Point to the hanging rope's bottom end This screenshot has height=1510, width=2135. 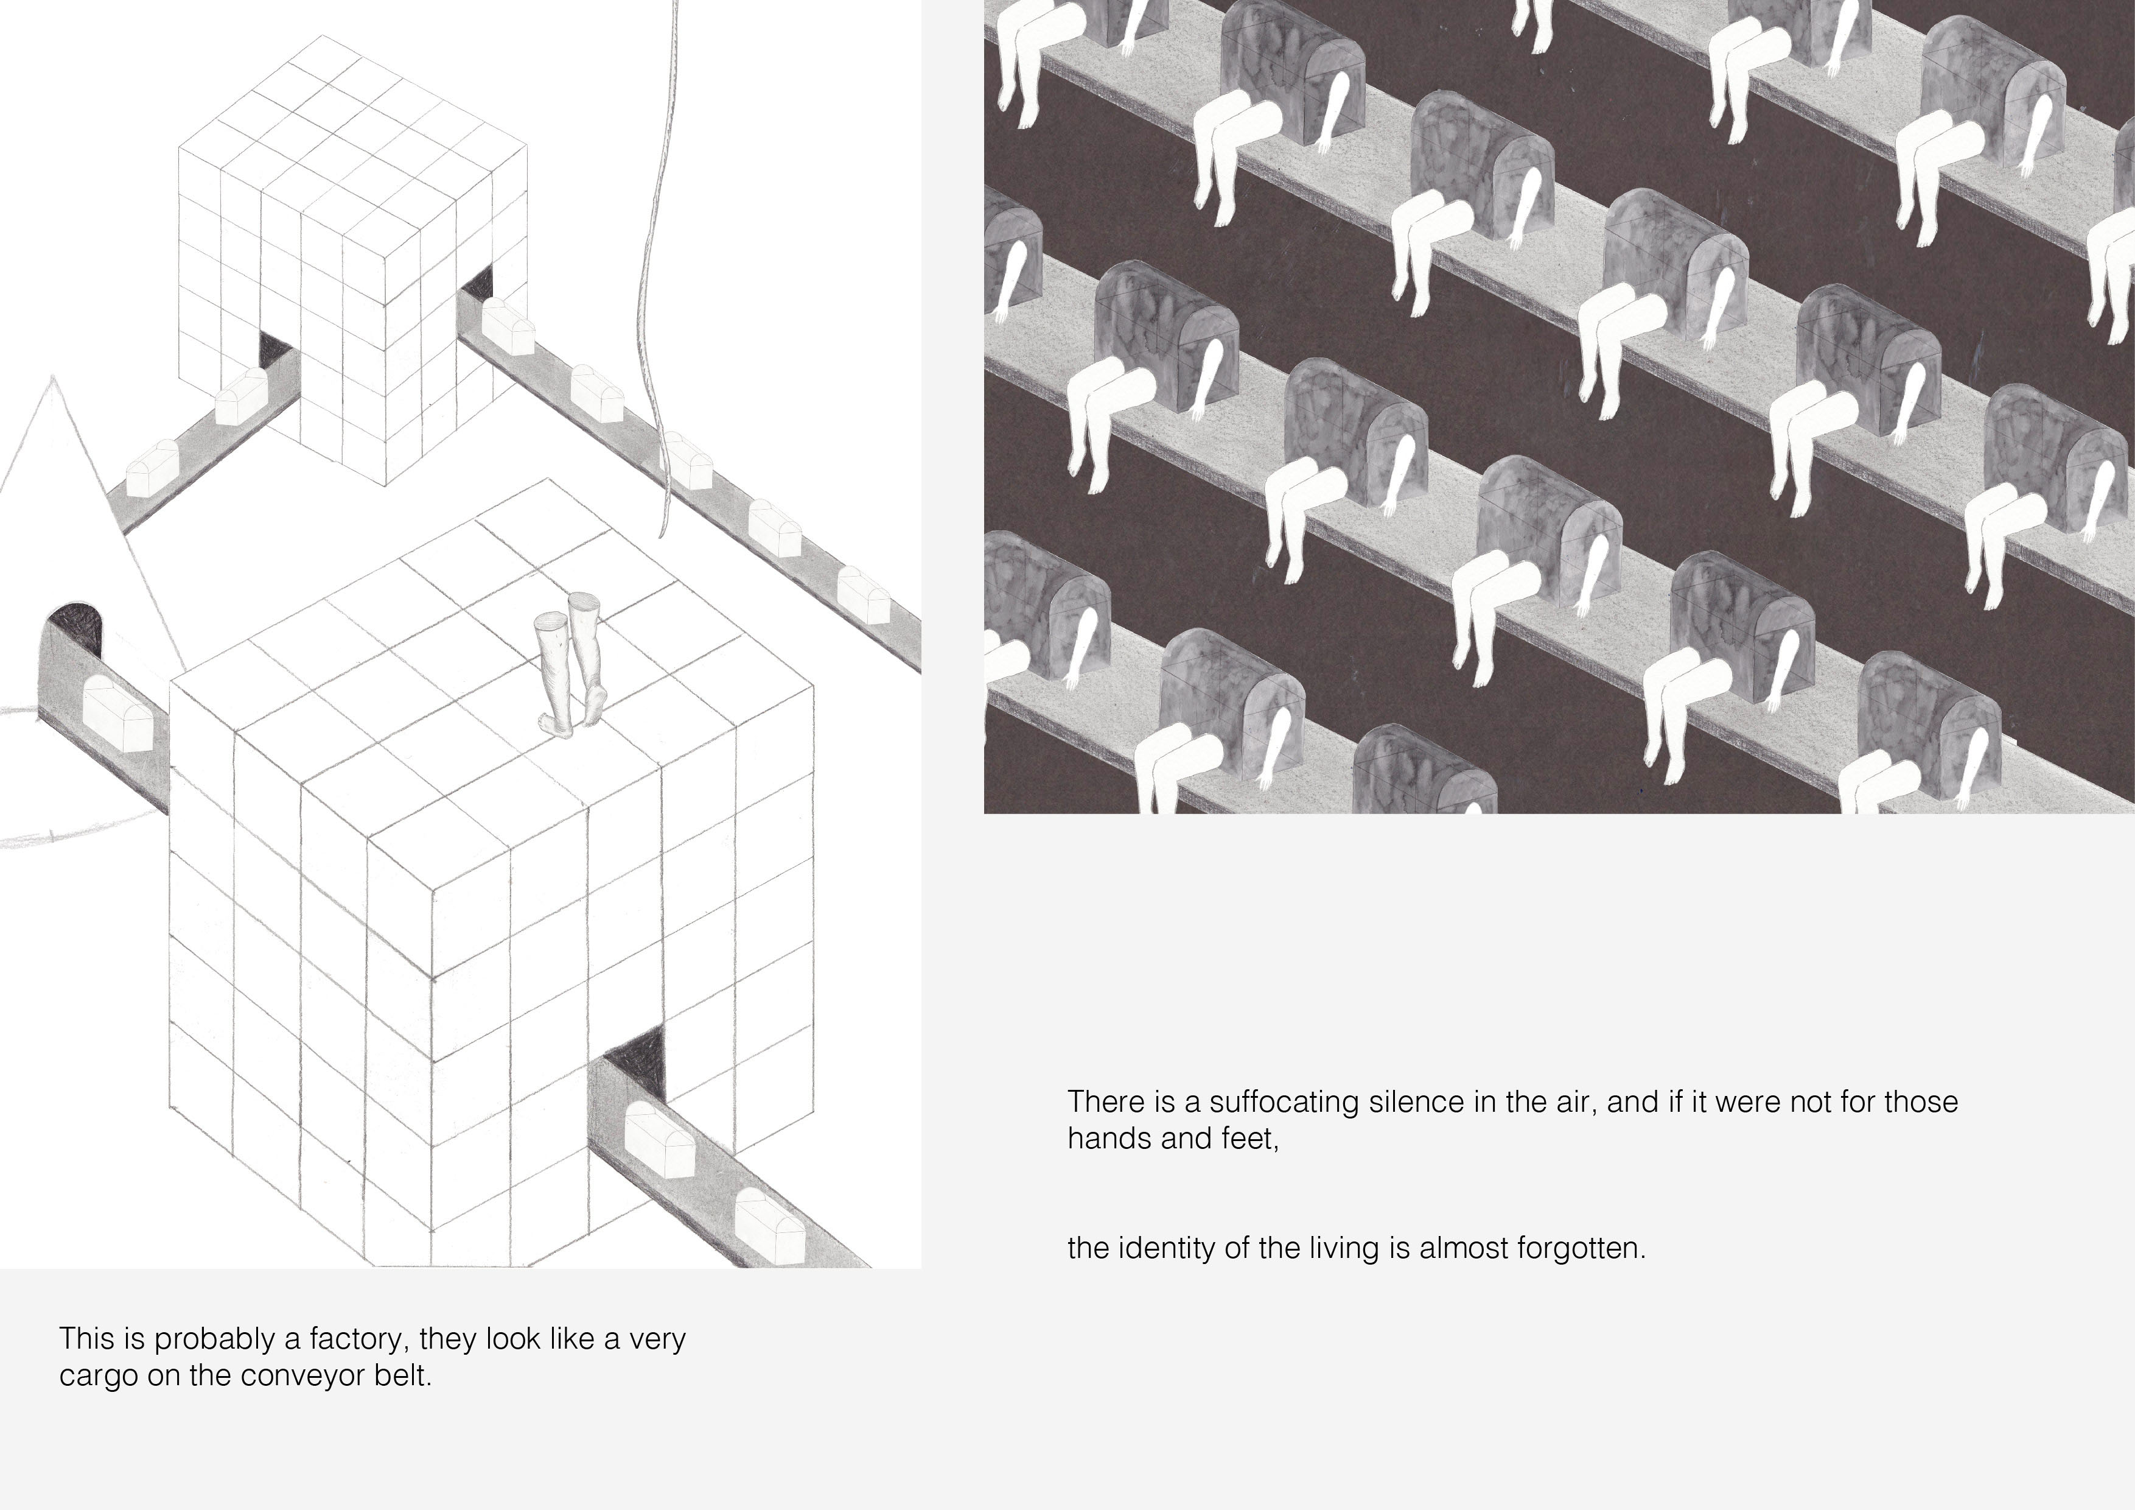(x=661, y=536)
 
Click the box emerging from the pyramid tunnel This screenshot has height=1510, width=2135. (x=118, y=714)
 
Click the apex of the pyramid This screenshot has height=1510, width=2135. (x=53, y=377)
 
